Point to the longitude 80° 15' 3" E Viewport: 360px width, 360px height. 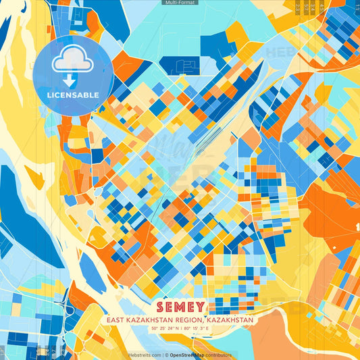pyautogui.click(x=199, y=329)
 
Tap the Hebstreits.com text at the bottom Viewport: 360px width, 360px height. pyautogui.click(x=144, y=355)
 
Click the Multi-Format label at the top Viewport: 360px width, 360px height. pyautogui.click(x=180, y=3)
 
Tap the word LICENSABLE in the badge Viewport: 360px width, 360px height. pyautogui.click(x=73, y=95)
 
